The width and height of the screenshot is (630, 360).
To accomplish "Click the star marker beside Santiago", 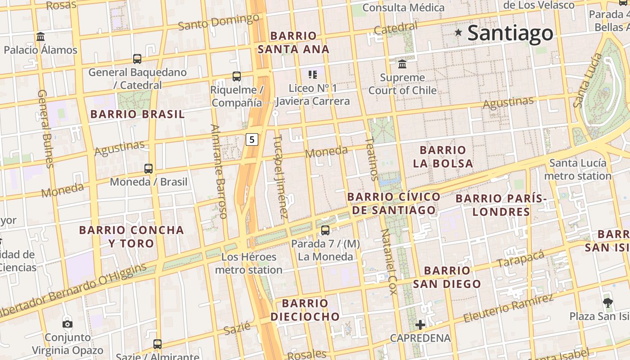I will pos(459,32).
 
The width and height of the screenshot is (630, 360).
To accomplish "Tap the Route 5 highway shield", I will pos(252,139).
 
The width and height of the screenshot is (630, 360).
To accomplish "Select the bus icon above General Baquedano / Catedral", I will pos(137,58).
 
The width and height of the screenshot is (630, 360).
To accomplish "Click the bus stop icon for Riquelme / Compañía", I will pos(237,76).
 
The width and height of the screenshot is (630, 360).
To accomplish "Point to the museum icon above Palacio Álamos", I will pos(40,36).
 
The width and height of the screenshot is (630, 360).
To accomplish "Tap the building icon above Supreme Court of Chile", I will pos(402,64).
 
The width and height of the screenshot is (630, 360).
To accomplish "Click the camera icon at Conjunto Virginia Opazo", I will pos(67,324).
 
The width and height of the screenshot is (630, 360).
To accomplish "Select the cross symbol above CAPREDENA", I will pos(420,324).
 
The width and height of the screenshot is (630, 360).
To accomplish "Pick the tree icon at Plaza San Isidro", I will pos(608,302).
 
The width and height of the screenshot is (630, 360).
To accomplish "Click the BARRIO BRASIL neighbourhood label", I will pos(138,114).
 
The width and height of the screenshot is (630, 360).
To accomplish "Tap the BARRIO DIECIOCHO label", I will pos(305,310).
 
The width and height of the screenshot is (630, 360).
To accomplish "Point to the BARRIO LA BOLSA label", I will pos(443,157).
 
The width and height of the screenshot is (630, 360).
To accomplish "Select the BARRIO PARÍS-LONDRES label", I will pos(501,205).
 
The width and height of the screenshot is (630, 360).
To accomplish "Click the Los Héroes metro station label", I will pos(249,263).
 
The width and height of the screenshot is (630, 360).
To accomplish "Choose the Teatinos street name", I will pos(371,158).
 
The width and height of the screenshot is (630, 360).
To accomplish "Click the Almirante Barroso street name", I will pos(219,171).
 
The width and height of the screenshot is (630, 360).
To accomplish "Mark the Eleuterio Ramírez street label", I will pos(508,308).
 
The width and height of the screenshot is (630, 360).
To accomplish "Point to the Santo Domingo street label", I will pos(219,22).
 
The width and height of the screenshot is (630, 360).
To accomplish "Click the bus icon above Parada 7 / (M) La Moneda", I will pos(325,230).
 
